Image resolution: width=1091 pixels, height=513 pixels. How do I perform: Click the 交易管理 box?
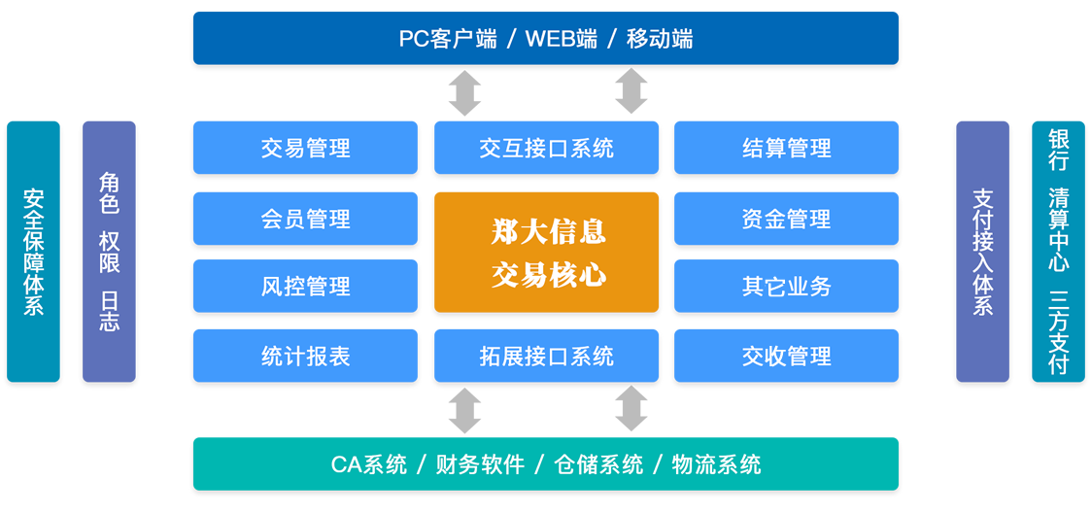coord(305,148)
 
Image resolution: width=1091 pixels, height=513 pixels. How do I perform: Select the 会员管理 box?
coord(305,219)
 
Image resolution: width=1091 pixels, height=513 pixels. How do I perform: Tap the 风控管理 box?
coord(305,286)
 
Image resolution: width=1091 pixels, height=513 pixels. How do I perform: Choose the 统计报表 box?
coord(305,356)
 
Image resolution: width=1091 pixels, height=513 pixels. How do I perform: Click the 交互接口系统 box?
coord(546,148)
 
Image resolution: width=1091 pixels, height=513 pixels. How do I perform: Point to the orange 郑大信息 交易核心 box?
coord(546,253)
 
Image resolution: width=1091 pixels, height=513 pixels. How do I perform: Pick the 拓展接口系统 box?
coord(546,356)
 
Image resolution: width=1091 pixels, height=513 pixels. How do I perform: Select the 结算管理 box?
coord(786,148)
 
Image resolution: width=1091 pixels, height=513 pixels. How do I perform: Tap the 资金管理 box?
coord(786,219)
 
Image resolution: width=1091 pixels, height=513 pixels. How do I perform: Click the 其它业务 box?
coord(786,286)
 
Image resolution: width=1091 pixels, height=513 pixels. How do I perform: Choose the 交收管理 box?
coord(786,356)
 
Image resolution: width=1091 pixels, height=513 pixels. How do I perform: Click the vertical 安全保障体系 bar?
coord(33,252)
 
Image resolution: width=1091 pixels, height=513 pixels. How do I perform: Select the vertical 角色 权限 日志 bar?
coord(109,252)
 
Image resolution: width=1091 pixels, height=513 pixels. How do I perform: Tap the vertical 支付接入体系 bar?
coord(982,252)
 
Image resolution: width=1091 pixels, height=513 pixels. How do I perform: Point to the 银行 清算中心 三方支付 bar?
coord(1058,252)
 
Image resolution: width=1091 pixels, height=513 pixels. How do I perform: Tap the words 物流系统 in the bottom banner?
coord(716,464)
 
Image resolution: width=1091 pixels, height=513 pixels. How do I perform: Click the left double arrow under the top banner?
coord(464,92)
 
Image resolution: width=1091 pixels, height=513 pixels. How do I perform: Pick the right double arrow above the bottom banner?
coord(631,409)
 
